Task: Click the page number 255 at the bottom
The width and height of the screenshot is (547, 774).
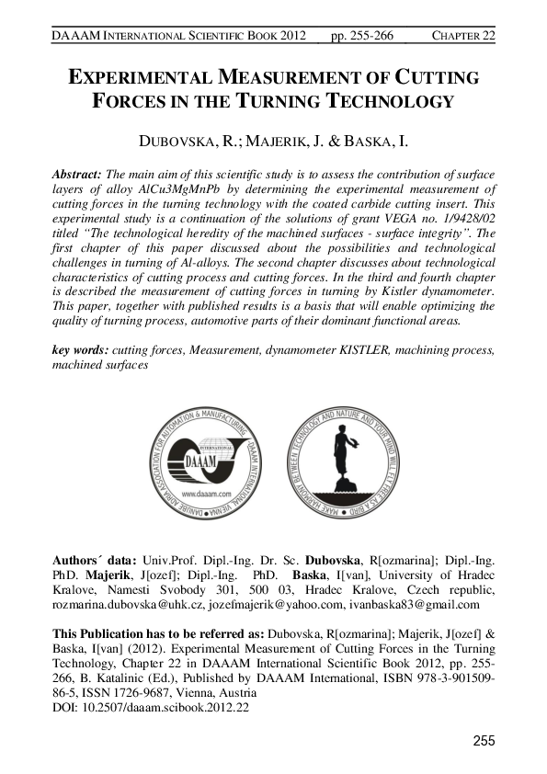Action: pos(484,741)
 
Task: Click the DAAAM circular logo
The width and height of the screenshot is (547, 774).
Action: pos(207,456)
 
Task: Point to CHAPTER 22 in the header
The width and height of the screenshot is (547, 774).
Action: pos(463,35)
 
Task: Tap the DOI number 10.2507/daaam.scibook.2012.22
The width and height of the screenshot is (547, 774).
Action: pos(166,709)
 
